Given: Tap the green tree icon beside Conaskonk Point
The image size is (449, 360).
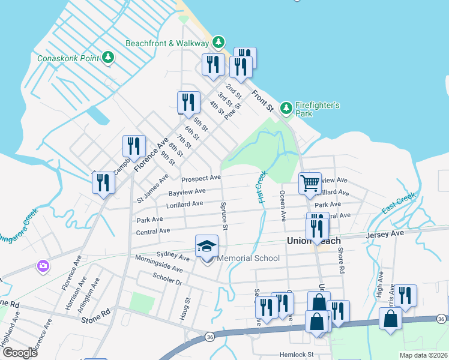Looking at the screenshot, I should (108, 58).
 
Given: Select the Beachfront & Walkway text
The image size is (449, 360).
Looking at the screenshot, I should (167, 43).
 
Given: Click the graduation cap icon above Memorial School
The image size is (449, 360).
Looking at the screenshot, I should (206, 246).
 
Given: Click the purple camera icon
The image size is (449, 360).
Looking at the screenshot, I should (43, 265).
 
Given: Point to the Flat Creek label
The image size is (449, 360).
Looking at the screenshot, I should (262, 187).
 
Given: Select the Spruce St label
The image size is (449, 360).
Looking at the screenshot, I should (225, 219).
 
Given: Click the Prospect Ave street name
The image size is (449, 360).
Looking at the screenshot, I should (201, 178).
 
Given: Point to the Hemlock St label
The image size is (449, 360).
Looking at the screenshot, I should (294, 355).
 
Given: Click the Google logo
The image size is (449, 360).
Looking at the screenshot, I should (20, 352).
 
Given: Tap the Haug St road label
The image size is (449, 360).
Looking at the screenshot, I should (187, 308).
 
